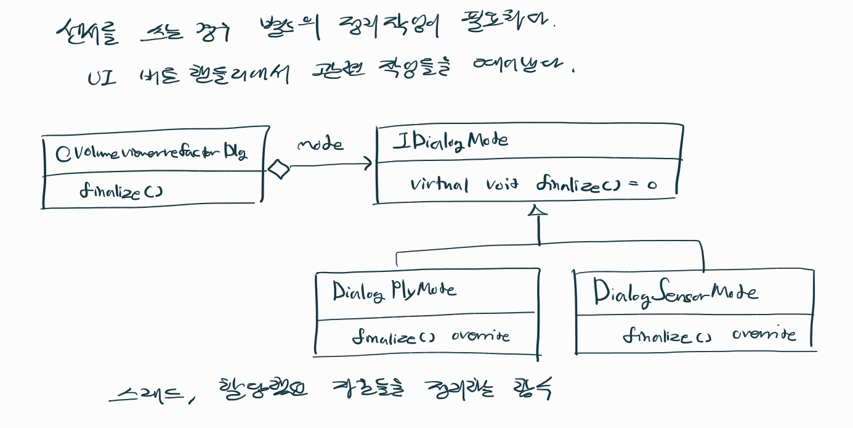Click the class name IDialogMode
pyautogui.click(x=450, y=141)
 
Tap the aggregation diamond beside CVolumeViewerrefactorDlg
pyautogui.click(x=279, y=168)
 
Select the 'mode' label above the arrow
pyautogui.click(x=320, y=145)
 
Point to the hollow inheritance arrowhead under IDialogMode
pyautogui.click(x=538, y=212)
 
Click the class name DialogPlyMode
pyautogui.click(x=394, y=290)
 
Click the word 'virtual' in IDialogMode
pyautogui.click(x=439, y=184)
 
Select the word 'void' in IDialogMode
pyautogui.click(x=503, y=184)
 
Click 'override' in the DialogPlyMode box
pyautogui.click(x=480, y=336)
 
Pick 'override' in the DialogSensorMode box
pyautogui.click(x=764, y=335)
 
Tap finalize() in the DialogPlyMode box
pyautogui.click(x=393, y=337)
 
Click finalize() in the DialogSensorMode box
pyautogui.click(x=667, y=336)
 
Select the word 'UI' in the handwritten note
pyautogui.click(x=102, y=79)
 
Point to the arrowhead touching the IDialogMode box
pyautogui.click(x=368, y=164)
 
